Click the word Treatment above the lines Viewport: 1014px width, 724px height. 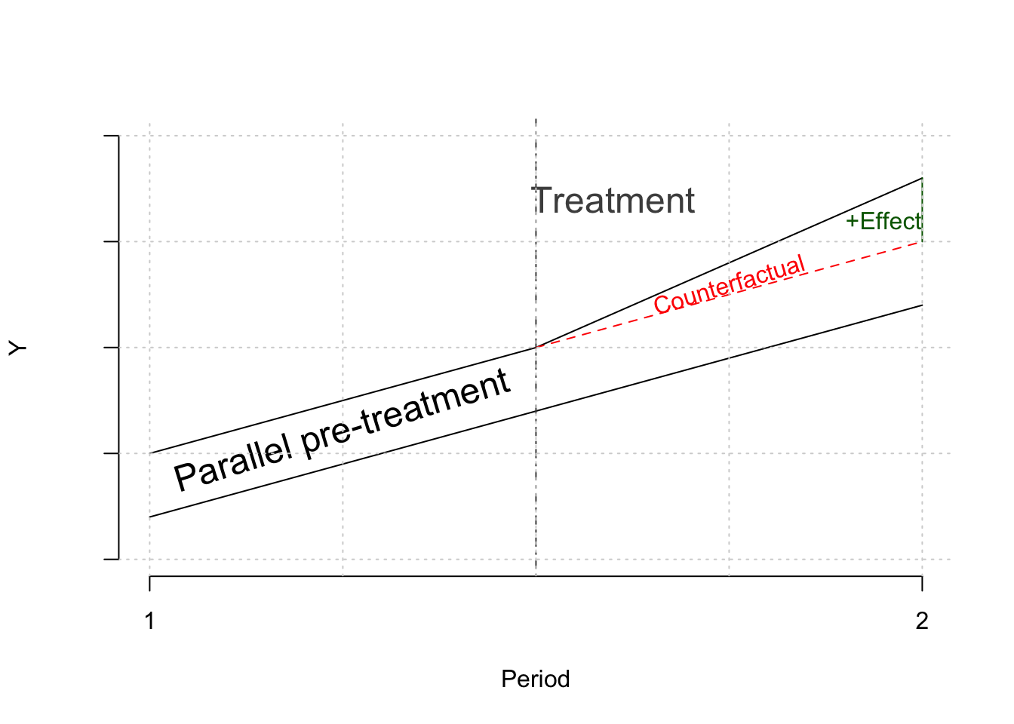coord(614,201)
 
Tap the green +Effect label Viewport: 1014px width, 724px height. coord(883,221)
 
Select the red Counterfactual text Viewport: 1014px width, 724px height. coord(730,284)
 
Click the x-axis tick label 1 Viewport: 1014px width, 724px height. coord(150,621)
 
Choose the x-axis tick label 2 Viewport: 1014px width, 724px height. coord(922,621)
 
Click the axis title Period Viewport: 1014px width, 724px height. coord(535,680)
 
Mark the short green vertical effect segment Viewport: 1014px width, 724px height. coord(922,210)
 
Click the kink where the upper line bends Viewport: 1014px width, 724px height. coord(536,347)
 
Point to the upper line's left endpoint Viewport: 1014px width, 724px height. coord(150,453)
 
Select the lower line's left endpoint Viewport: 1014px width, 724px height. coord(150,517)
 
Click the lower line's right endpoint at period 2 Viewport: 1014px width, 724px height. coord(922,305)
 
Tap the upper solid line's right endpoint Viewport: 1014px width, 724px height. coord(922,178)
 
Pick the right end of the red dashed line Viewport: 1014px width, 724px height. coord(922,241)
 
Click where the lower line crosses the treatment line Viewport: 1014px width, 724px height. coord(536,411)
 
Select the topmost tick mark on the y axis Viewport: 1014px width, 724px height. coord(110,136)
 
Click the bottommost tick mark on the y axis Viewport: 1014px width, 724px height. coord(110,560)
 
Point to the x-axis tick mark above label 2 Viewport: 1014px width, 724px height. coord(922,583)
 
